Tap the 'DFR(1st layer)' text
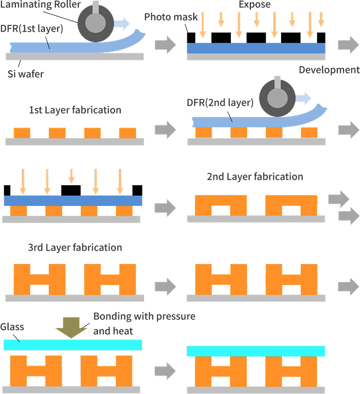point(31,29)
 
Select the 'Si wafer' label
point(25,74)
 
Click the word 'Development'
point(329,70)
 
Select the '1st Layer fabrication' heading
point(75,110)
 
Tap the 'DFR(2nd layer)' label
point(220,102)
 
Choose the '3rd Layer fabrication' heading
point(75,248)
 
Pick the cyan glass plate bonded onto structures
point(256,351)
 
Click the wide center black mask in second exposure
point(71,190)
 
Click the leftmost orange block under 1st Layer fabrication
point(22,133)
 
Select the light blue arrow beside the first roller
point(121,23)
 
